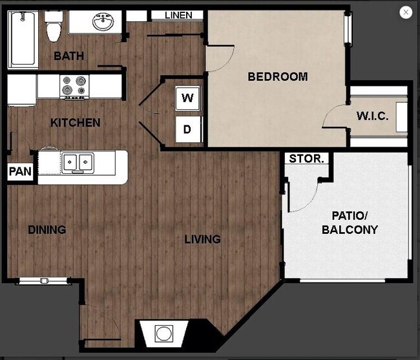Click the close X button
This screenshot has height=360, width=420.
[x=406, y=12]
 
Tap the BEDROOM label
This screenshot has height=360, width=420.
[x=277, y=77]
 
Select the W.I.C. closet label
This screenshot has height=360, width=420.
[x=372, y=116]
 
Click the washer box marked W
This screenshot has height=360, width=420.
[x=188, y=99]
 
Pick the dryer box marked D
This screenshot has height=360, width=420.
[x=188, y=129]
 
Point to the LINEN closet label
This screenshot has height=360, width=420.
[x=178, y=15]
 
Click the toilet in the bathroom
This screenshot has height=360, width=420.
[x=53, y=28]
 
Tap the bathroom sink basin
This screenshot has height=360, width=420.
[x=101, y=23]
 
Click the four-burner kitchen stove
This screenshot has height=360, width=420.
[x=74, y=87]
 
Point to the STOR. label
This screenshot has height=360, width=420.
[x=308, y=159]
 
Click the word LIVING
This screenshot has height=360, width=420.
[x=202, y=240]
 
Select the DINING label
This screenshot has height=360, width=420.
[x=47, y=229]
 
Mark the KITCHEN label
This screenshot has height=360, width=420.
[x=75, y=123]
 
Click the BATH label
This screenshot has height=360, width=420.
[x=68, y=56]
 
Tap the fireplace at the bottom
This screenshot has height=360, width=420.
[x=164, y=334]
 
